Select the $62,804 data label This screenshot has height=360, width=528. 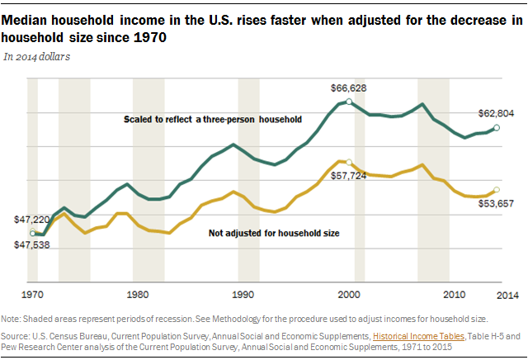(497, 113)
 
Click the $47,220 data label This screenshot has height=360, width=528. (31, 220)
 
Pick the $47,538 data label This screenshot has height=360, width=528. (31, 245)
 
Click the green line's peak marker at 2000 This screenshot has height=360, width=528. (349, 102)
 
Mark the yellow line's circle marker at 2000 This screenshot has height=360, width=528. (349, 163)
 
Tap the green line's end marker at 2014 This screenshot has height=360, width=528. (496, 128)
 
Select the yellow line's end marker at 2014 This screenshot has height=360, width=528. (496, 191)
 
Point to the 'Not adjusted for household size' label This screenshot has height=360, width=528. (274, 234)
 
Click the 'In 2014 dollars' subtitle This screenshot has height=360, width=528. (37, 57)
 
